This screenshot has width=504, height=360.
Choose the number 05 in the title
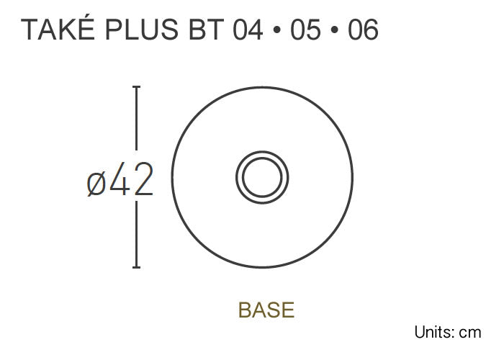[x=305, y=31]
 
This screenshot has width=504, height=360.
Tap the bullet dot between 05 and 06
[x=333, y=32]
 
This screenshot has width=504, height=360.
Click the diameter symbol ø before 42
[x=97, y=183]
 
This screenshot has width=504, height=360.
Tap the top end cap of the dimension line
[x=136, y=87]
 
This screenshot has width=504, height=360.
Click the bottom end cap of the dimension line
[x=136, y=267]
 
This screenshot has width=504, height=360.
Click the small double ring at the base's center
[x=262, y=177]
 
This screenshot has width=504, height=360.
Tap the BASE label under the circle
[x=266, y=310]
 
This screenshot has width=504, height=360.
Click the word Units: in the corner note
[x=436, y=333]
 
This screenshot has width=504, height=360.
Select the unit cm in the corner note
[x=470, y=333]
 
